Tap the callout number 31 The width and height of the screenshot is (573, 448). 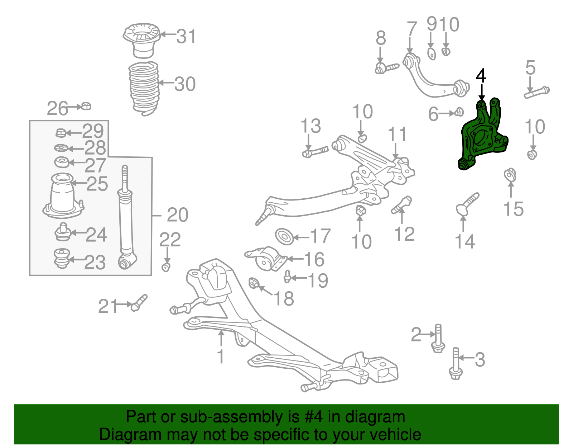tap(186, 36)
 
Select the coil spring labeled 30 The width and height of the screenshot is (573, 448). tap(144, 88)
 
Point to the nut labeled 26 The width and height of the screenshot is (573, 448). tap(86, 106)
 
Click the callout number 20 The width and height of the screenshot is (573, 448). tap(177, 215)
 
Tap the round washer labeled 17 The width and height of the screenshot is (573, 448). tap(284, 237)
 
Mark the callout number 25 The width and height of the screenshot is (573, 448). tap(97, 184)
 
